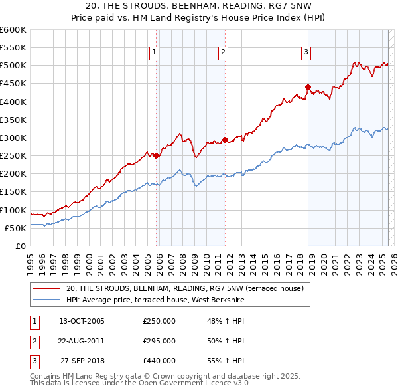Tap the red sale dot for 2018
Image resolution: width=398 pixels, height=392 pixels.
(308, 87)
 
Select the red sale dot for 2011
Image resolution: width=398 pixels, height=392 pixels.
(225, 140)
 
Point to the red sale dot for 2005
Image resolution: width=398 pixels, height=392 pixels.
(157, 155)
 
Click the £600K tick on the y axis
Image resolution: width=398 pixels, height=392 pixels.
(13, 30)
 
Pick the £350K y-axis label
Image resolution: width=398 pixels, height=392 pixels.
(13, 120)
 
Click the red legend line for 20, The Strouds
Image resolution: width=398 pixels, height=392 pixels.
(46, 288)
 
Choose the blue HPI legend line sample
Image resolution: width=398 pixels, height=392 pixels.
(46, 300)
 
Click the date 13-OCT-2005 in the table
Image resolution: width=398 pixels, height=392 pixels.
(82, 321)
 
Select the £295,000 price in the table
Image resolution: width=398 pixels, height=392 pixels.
(159, 341)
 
